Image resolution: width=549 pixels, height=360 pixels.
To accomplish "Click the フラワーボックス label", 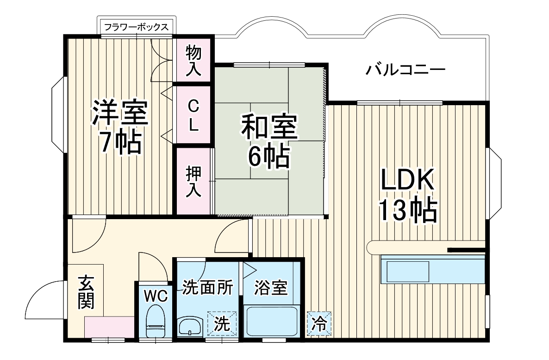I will click(x=136, y=26).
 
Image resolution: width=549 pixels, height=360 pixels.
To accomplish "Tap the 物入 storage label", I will click(x=193, y=61).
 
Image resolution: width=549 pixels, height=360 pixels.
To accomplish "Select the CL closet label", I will click(x=193, y=115).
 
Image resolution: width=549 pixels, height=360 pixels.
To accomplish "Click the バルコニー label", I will click(x=406, y=71).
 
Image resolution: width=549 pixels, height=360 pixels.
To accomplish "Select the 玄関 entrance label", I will click(x=86, y=292).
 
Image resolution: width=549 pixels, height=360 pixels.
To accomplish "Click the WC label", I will click(x=152, y=295).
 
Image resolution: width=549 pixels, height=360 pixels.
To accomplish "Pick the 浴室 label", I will click(x=271, y=288).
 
